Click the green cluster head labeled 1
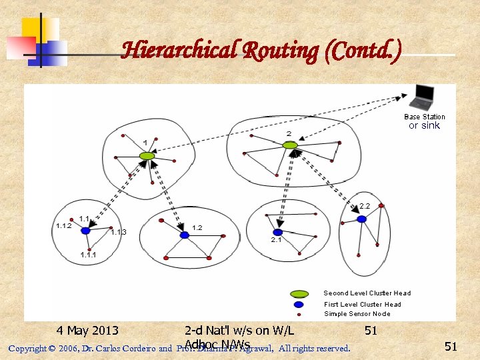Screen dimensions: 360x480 147,156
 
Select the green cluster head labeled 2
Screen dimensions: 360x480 289,145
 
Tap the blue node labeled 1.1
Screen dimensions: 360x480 85,231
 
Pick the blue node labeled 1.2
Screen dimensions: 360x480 184,235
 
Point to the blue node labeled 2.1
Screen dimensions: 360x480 277,232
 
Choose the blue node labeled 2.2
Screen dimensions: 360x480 361,219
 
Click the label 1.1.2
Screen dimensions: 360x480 63,226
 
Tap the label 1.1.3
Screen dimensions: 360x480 119,232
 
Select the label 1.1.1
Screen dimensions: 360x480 88,255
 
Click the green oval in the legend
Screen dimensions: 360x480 299,293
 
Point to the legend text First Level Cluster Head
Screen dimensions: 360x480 363,304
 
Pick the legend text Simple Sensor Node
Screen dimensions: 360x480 357,314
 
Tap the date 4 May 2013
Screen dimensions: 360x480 87,331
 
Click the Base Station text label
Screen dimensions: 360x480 425,117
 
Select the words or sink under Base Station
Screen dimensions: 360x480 425,125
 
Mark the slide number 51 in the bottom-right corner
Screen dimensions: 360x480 451,346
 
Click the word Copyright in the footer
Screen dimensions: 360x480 27,348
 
